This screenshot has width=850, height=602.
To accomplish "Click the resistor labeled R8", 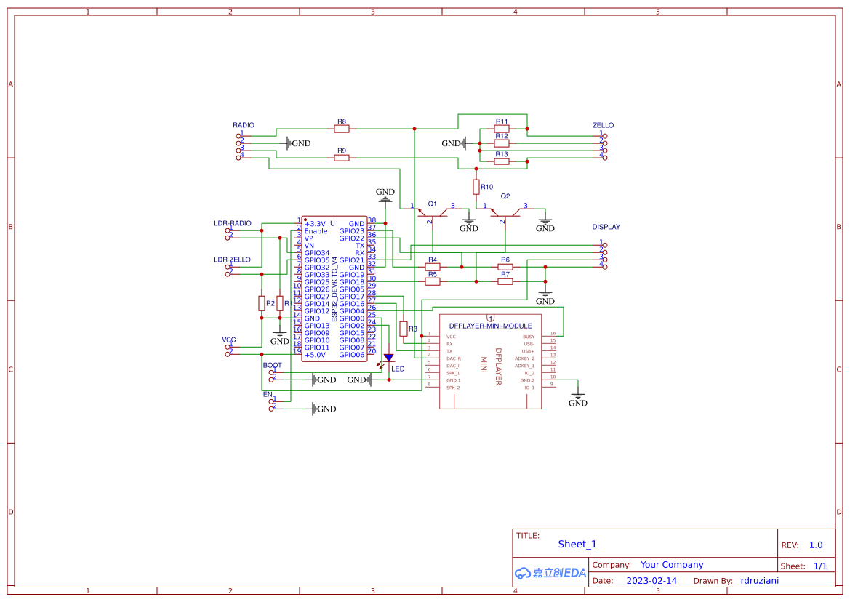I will point(342,129).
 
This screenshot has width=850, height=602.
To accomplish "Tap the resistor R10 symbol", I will point(476,187).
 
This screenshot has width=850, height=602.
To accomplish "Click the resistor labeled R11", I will point(502,129).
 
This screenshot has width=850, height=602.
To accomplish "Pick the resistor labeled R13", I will point(502,161).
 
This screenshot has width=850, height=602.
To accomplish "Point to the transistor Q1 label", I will point(433,204).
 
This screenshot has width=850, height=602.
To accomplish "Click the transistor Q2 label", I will point(505,196).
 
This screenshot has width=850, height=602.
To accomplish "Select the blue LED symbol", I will point(388,358).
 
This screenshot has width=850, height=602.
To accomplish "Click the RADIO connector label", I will point(244,125).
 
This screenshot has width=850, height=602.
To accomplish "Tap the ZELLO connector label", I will point(603,125).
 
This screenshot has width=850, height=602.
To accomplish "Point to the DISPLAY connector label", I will point(606,227).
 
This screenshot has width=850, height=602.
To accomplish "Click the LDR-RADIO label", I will point(233,223).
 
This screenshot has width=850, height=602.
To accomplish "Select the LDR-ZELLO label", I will point(232,260).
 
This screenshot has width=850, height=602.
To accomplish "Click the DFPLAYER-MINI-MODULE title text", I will point(490,326).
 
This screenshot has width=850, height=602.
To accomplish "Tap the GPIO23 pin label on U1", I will point(351,231).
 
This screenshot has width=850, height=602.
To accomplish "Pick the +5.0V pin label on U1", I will point(316,355).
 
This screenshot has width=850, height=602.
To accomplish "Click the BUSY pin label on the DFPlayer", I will point(528,337).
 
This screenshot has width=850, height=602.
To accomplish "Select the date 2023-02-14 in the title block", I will point(651,581).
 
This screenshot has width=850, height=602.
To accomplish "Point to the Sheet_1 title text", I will point(577,544).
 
